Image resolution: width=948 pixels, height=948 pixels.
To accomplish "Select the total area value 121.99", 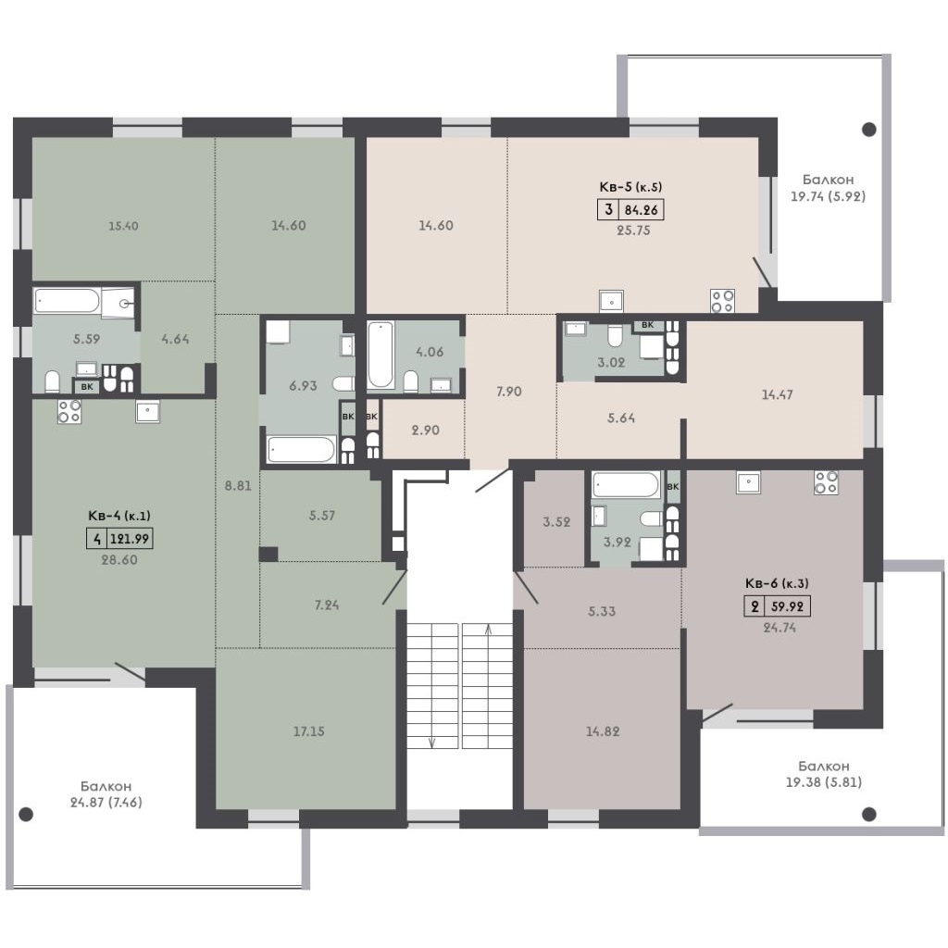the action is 130,538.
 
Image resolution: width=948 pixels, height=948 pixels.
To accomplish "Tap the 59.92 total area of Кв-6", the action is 787,605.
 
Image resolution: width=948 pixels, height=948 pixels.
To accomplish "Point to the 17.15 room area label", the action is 309,731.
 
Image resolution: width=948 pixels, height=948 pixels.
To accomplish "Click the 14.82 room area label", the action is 603,731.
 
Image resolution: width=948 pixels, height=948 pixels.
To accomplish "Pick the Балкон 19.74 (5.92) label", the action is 829,187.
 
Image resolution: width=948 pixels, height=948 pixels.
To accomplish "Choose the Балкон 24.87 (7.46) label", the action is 106,794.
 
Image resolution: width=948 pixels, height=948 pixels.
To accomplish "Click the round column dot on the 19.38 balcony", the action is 868,815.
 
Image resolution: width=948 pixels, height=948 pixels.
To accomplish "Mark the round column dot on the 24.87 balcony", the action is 26,815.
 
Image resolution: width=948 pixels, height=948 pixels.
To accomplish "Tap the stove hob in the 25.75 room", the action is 722,301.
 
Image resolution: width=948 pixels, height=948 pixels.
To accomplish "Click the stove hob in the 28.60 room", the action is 69,411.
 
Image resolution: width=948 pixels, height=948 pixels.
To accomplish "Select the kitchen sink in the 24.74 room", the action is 748,482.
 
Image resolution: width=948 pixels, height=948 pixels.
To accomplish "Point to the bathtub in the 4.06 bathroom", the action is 380,355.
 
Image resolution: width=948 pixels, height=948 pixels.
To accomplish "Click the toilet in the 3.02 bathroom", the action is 615,335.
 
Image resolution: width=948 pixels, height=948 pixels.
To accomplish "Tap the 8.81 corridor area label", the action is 238,485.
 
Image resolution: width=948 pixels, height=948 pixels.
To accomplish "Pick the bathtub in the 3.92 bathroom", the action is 627,485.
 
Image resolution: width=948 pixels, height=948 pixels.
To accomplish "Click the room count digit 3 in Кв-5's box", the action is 608,209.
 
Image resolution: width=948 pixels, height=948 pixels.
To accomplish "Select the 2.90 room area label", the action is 426,430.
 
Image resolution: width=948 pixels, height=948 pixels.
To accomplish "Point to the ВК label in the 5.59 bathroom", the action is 86,386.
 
